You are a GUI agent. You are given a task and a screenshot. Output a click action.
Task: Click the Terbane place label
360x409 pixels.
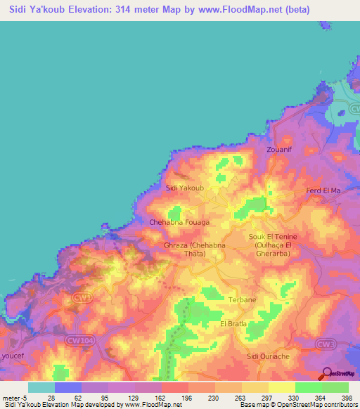point(242,299)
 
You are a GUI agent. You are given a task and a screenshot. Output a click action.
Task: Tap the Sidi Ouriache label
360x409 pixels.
point(268,356)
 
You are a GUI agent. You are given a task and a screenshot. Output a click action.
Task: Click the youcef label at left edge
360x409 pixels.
point(12,356)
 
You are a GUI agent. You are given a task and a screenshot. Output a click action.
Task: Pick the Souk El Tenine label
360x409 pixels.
point(271,237)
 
